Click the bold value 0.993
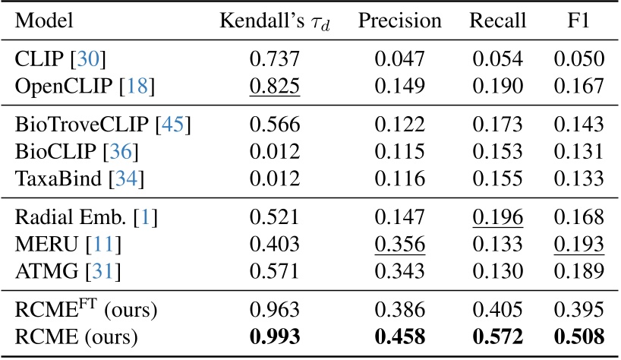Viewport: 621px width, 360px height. tap(275, 335)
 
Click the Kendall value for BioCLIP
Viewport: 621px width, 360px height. tap(275, 154)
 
